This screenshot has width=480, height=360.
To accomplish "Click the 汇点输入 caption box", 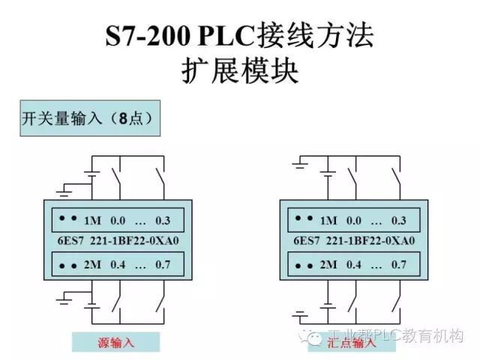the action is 352,343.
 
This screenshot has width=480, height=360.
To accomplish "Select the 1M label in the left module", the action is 92,220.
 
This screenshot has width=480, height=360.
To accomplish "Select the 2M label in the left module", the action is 92,265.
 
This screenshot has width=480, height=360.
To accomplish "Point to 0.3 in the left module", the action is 163,220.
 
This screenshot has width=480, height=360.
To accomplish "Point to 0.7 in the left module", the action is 163,265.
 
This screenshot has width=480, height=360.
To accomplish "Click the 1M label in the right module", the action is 328,220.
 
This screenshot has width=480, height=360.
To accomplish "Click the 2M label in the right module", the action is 328,265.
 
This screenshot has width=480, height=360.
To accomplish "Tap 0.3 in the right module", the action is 398,220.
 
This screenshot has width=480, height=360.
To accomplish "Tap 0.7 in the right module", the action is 398,265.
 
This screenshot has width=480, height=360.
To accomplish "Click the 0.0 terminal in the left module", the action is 118,220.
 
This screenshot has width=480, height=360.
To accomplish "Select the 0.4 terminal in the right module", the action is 355,265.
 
